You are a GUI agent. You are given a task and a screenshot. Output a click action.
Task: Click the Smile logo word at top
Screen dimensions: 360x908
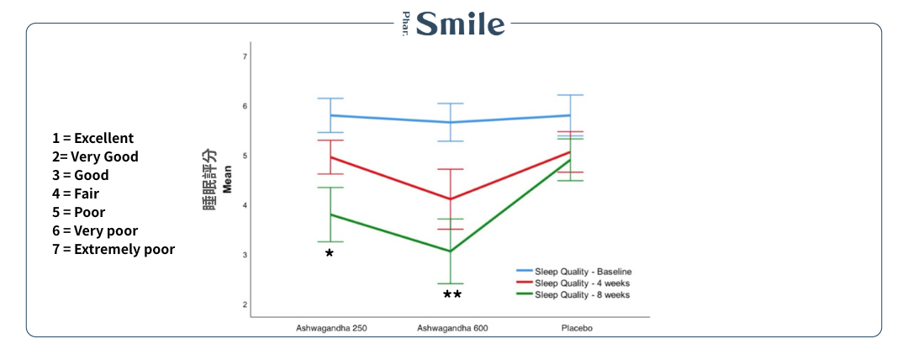tap(461, 24)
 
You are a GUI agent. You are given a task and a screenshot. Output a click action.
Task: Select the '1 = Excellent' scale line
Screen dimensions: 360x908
tap(92, 138)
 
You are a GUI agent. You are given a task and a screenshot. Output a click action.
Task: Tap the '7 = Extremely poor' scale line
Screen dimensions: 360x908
tap(113, 249)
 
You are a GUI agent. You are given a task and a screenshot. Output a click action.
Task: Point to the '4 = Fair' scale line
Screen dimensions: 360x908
tap(76, 193)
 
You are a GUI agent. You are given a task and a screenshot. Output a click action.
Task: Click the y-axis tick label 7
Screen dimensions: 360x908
tap(245, 56)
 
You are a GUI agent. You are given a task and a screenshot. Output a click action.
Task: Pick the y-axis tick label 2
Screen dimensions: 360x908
tap(245, 304)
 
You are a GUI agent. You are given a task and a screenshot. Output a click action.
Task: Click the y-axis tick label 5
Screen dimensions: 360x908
tap(245, 156)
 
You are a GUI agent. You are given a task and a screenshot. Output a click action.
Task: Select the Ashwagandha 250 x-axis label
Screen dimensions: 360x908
tap(330, 328)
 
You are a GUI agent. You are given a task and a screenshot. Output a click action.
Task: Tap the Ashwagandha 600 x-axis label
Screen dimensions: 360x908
tap(452, 328)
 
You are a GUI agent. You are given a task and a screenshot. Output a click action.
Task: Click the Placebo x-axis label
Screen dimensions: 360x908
tap(576, 328)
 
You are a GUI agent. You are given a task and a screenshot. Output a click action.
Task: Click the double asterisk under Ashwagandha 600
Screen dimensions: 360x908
tap(452, 295)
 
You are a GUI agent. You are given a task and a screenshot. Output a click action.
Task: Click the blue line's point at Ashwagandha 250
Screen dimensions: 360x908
tap(330, 115)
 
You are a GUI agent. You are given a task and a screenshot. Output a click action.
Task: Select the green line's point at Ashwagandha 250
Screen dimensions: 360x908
tap(330, 214)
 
